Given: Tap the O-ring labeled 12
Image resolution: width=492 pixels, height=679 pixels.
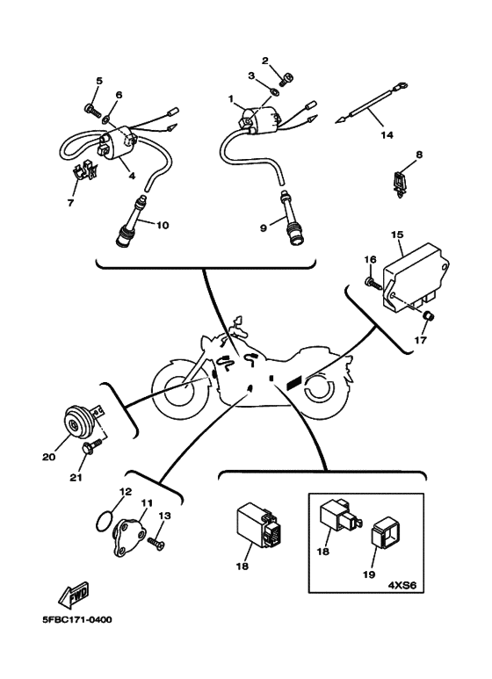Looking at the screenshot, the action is [x=105, y=521].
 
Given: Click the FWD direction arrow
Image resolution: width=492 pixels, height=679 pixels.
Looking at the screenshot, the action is [x=74, y=593].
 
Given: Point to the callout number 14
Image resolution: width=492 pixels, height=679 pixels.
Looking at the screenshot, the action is [x=387, y=134].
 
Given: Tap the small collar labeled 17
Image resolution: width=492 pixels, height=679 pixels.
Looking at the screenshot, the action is [x=428, y=317].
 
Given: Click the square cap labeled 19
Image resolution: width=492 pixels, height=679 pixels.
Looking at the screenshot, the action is [x=387, y=537].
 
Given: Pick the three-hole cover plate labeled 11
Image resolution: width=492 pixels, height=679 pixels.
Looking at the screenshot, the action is [x=127, y=535].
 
